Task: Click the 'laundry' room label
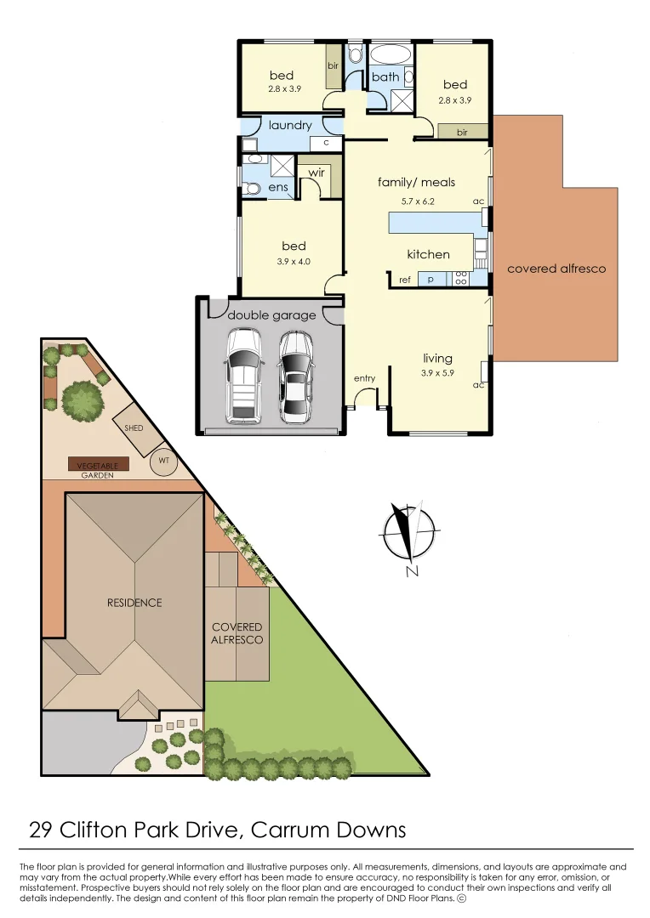[290, 125]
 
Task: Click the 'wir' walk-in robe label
[316, 172]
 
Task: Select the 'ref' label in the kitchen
[404, 279]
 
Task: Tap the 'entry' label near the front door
[365, 377]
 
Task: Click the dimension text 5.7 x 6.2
[418, 201]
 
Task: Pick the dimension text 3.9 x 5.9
[438, 373]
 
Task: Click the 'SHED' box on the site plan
[134, 428]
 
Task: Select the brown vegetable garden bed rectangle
[99, 464]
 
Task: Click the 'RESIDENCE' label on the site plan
[134, 603]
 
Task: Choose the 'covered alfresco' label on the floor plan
[556, 269]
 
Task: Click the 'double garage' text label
[271, 315]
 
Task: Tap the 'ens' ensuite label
[277, 187]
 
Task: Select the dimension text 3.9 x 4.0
[294, 262]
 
